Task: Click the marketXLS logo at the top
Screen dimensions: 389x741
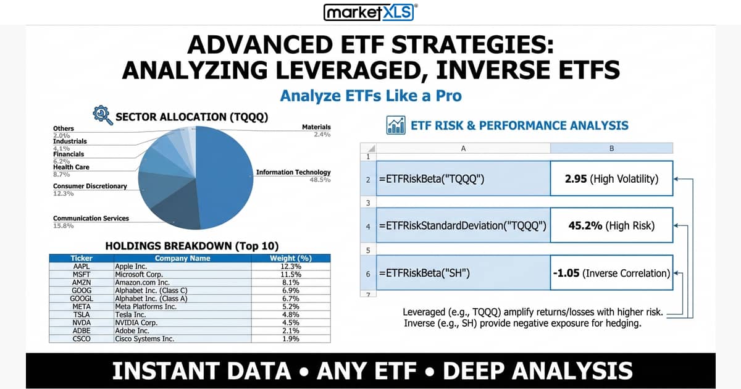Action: click(x=371, y=12)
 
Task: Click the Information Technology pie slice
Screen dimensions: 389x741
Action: click(x=225, y=173)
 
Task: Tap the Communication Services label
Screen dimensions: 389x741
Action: click(x=91, y=219)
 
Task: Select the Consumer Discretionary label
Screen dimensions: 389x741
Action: click(x=90, y=186)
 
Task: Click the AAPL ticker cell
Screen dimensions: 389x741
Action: click(x=82, y=266)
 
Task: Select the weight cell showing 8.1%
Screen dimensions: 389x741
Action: click(x=291, y=282)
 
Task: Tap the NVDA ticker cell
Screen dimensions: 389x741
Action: click(x=82, y=322)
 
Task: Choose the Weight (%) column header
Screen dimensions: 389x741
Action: click(x=291, y=258)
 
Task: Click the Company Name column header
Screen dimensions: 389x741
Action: click(x=182, y=258)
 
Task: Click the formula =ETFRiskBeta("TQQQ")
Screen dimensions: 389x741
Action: click(x=432, y=179)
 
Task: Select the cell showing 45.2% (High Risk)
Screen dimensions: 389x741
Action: click(x=611, y=225)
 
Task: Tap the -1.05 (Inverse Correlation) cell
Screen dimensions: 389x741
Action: click(x=611, y=272)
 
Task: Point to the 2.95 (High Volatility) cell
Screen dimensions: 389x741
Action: click(x=611, y=179)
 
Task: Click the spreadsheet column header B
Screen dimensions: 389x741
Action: click(x=611, y=148)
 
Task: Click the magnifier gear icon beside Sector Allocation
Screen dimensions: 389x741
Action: click(x=102, y=115)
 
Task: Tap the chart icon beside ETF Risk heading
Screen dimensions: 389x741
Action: click(x=396, y=125)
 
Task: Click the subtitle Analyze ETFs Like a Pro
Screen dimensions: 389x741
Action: click(x=371, y=96)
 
